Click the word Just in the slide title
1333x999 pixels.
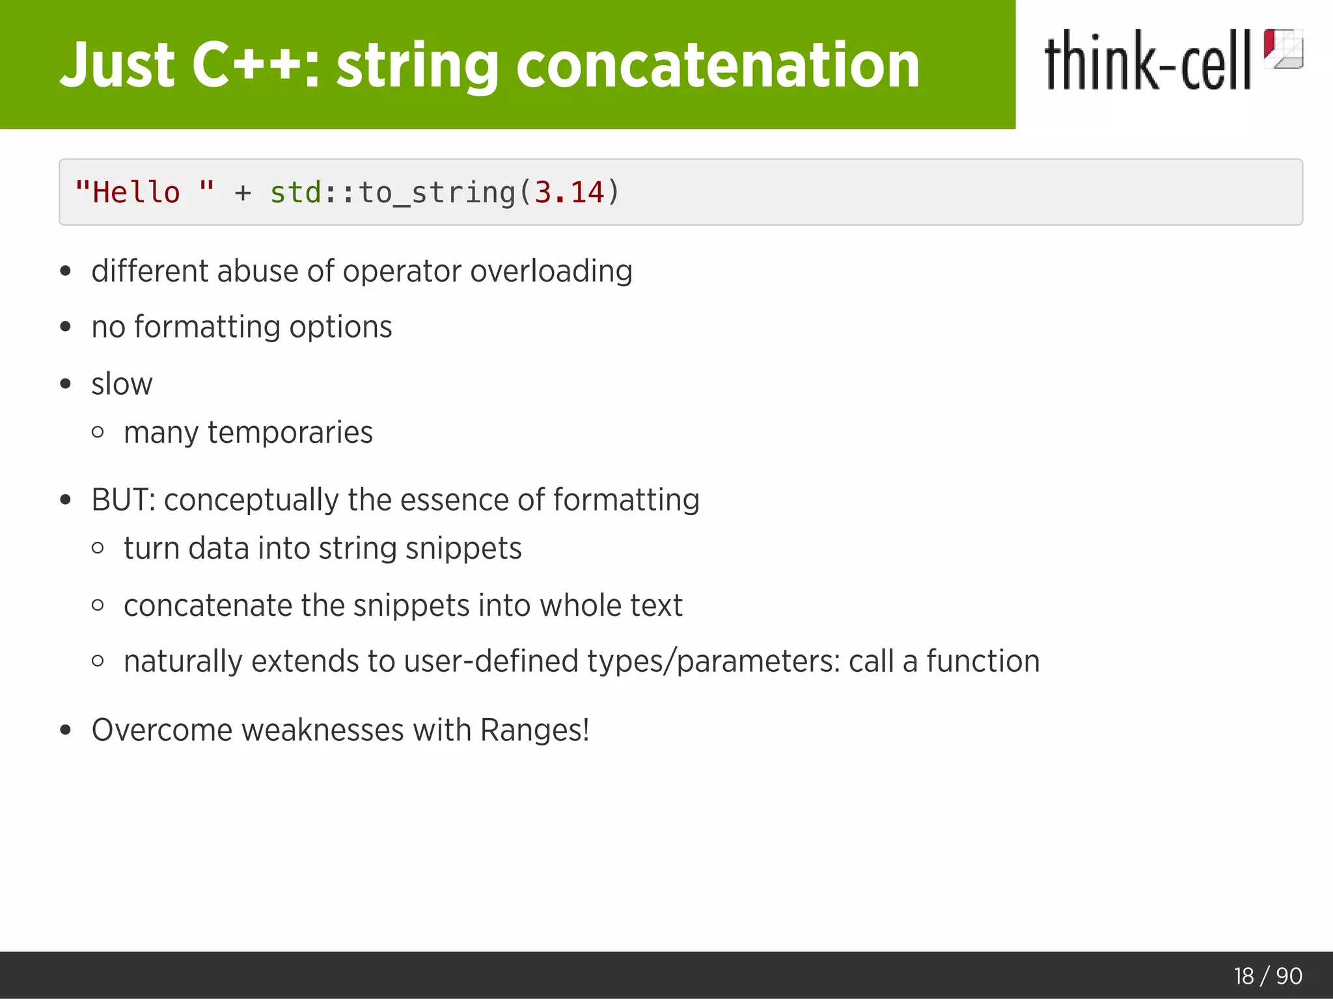click(117, 65)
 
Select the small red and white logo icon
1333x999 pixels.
click(1283, 49)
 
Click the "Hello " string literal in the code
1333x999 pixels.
click(144, 193)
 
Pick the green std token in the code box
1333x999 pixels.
click(295, 193)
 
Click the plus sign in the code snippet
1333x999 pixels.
click(243, 193)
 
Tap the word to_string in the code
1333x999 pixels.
click(437, 193)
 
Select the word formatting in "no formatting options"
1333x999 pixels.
click(207, 327)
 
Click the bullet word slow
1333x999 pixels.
click(122, 384)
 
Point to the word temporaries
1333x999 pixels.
click(290, 433)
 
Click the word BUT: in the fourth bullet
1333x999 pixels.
click(123, 500)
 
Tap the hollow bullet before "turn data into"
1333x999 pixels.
click(98, 548)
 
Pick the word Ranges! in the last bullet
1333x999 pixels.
click(534, 730)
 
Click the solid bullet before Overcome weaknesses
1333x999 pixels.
click(65, 730)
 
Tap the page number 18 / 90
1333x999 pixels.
click(1267, 976)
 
